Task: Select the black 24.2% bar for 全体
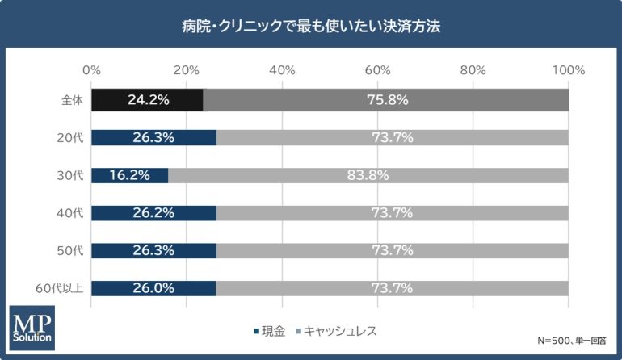(x=147, y=100)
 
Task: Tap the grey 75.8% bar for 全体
(x=386, y=100)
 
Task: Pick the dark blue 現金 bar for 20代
(x=153, y=138)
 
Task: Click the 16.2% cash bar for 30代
(x=130, y=175)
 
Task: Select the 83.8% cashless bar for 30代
(x=368, y=175)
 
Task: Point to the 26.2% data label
(x=153, y=213)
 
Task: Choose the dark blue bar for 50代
(x=153, y=251)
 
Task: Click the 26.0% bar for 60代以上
(x=153, y=288)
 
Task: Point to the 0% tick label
(x=92, y=70)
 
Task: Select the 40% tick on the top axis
(x=282, y=70)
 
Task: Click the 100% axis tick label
(x=569, y=70)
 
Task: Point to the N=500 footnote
(x=571, y=341)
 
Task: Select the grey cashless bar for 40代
(x=393, y=213)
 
